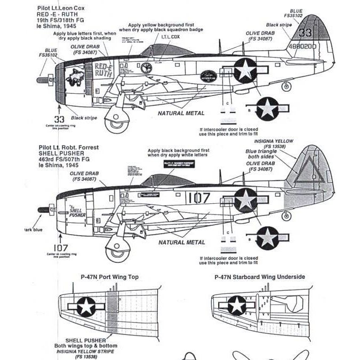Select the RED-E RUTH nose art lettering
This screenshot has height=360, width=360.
(103, 70)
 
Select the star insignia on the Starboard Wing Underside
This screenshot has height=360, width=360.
(237, 305)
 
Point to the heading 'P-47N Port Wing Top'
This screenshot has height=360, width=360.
(109, 277)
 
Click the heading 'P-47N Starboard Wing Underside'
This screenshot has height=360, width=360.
(259, 277)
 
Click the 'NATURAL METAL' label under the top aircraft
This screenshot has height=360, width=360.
(181, 113)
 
